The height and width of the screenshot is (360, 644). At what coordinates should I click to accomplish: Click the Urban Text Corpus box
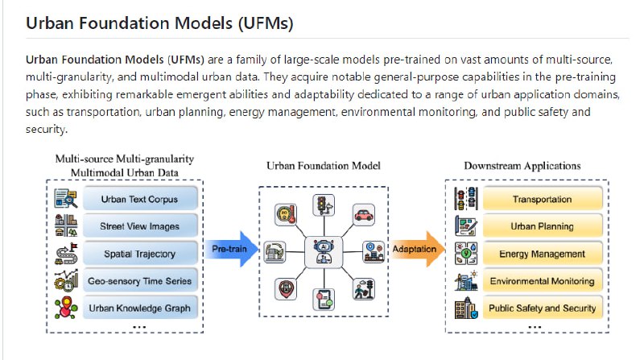pos(138,199)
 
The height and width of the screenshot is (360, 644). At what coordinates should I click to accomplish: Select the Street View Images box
pos(138,226)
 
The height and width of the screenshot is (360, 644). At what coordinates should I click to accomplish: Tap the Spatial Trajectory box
pos(138,254)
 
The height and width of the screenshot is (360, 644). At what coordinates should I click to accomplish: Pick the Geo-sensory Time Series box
pos(138,281)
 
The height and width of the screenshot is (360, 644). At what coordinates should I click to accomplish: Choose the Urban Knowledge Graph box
pos(138,308)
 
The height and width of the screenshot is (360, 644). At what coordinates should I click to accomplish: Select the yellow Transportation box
pos(541,199)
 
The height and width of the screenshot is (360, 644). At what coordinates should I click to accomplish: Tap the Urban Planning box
pos(541,226)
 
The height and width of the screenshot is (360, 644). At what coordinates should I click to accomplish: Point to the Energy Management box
pos(541,254)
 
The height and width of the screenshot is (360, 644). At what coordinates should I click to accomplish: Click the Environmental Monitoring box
pos(541,281)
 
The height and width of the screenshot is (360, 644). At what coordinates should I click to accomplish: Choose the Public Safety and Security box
pos(541,308)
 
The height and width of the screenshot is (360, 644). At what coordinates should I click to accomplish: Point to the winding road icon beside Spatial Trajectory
pos(64,253)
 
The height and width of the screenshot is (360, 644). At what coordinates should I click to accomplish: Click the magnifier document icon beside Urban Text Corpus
pos(64,198)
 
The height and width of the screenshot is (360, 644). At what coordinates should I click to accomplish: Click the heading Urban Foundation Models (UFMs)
pos(159,23)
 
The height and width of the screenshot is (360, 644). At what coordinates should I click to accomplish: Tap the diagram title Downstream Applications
pos(522,166)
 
